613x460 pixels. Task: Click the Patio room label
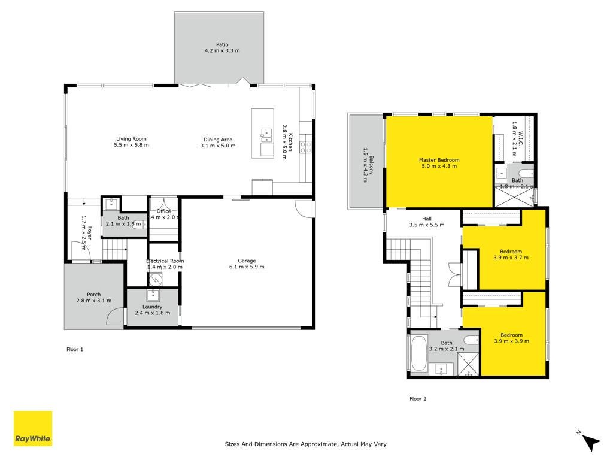(222, 44)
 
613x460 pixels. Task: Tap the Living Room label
(131, 139)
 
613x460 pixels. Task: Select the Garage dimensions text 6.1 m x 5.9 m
(247, 267)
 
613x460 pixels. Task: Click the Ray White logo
(33, 429)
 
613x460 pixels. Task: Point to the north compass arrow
(591, 443)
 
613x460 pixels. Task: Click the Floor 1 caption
(75, 349)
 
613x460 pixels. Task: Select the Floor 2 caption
(418, 398)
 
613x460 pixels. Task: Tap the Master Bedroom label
(439, 160)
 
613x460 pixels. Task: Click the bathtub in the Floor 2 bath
(419, 353)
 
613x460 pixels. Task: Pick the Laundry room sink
(153, 294)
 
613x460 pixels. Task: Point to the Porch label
(94, 295)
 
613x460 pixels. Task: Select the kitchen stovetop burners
(306, 147)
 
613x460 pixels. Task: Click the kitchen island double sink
(266, 135)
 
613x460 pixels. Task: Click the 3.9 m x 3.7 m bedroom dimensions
(511, 258)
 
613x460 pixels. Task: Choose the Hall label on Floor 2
(427, 219)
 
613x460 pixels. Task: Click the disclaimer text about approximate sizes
(306, 444)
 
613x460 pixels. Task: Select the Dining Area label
(218, 140)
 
